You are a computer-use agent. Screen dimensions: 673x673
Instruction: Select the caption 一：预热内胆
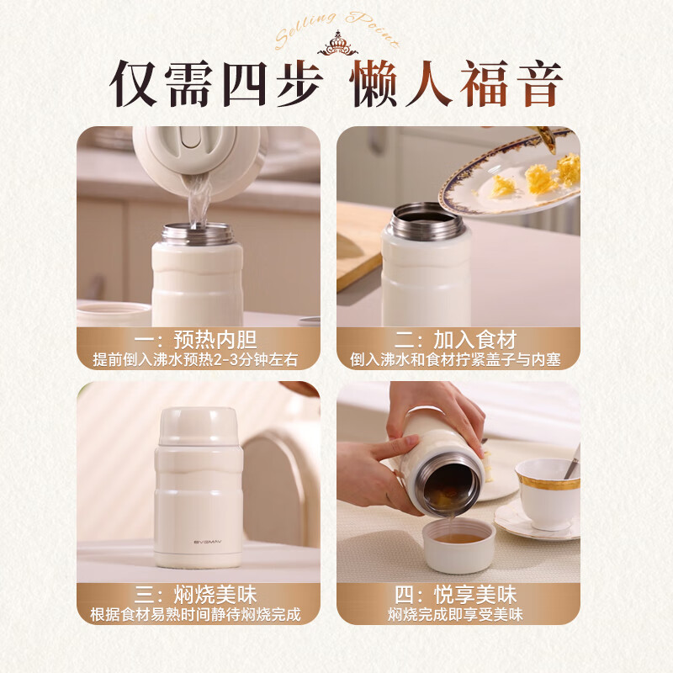198,340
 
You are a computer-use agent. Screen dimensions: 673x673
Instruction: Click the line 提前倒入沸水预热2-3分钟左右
198,359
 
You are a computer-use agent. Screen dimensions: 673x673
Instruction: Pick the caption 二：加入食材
458,340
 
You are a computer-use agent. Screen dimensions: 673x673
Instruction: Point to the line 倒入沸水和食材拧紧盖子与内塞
458,359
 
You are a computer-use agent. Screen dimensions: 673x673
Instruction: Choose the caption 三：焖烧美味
198,596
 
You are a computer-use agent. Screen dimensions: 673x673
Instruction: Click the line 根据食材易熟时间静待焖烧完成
198,615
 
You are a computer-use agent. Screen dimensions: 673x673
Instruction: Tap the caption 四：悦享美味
458,596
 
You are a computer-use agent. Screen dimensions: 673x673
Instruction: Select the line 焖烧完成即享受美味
458,615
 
